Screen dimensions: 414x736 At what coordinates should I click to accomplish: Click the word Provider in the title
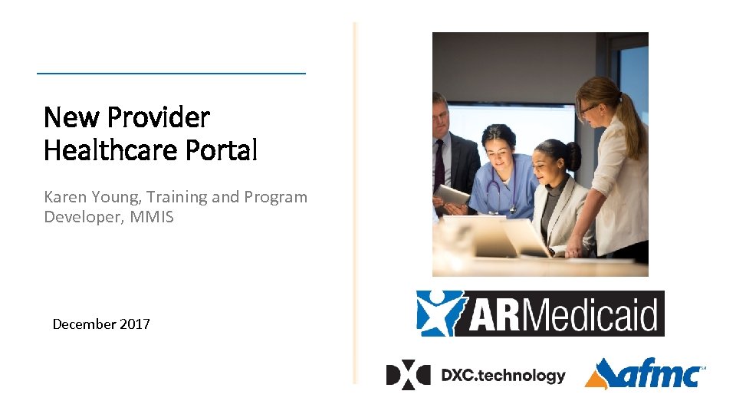tap(158, 117)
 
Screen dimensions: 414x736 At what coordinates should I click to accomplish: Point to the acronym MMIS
tap(152, 217)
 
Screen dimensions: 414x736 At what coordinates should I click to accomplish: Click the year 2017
tap(135, 324)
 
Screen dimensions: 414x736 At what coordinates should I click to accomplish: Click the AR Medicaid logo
tap(540, 314)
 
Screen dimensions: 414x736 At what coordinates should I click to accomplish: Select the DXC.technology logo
tap(475, 375)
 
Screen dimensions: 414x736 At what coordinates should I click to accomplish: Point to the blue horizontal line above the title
tap(171, 74)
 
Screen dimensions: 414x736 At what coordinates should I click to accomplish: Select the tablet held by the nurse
tap(453, 196)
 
